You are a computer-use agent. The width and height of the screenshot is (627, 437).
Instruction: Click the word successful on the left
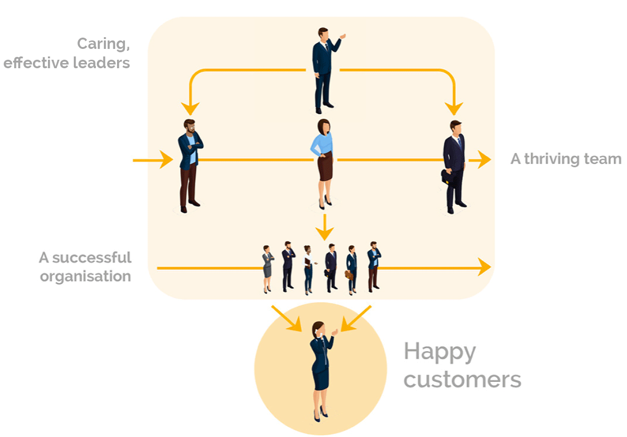(x=92, y=258)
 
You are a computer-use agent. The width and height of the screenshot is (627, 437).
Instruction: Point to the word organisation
(x=86, y=276)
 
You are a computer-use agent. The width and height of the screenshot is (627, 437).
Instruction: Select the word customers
(x=462, y=380)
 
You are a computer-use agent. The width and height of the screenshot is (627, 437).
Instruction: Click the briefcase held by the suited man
(x=447, y=177)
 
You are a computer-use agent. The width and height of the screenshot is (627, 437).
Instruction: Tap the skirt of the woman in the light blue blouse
(x=325, y=167)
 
